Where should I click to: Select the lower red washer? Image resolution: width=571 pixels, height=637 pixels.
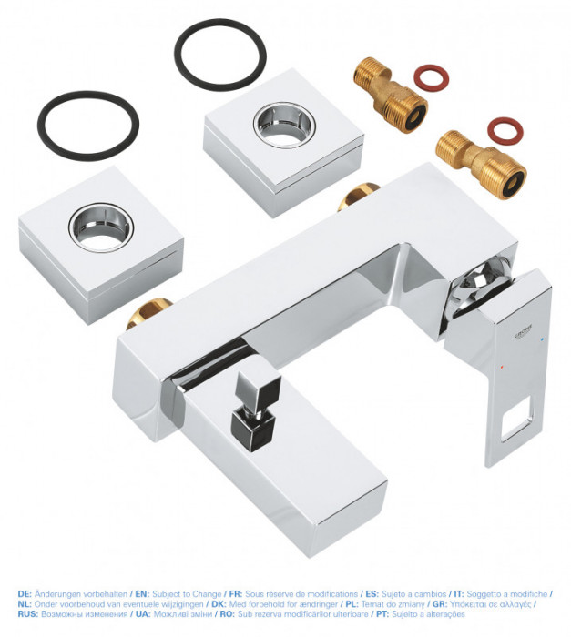pyautogui.click(x=505, y=130)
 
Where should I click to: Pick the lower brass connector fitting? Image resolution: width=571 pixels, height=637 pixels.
pyautogui.click(x=480, y=162)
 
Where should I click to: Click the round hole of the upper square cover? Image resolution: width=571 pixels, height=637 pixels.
pyautogui.click(x=282, y=122)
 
